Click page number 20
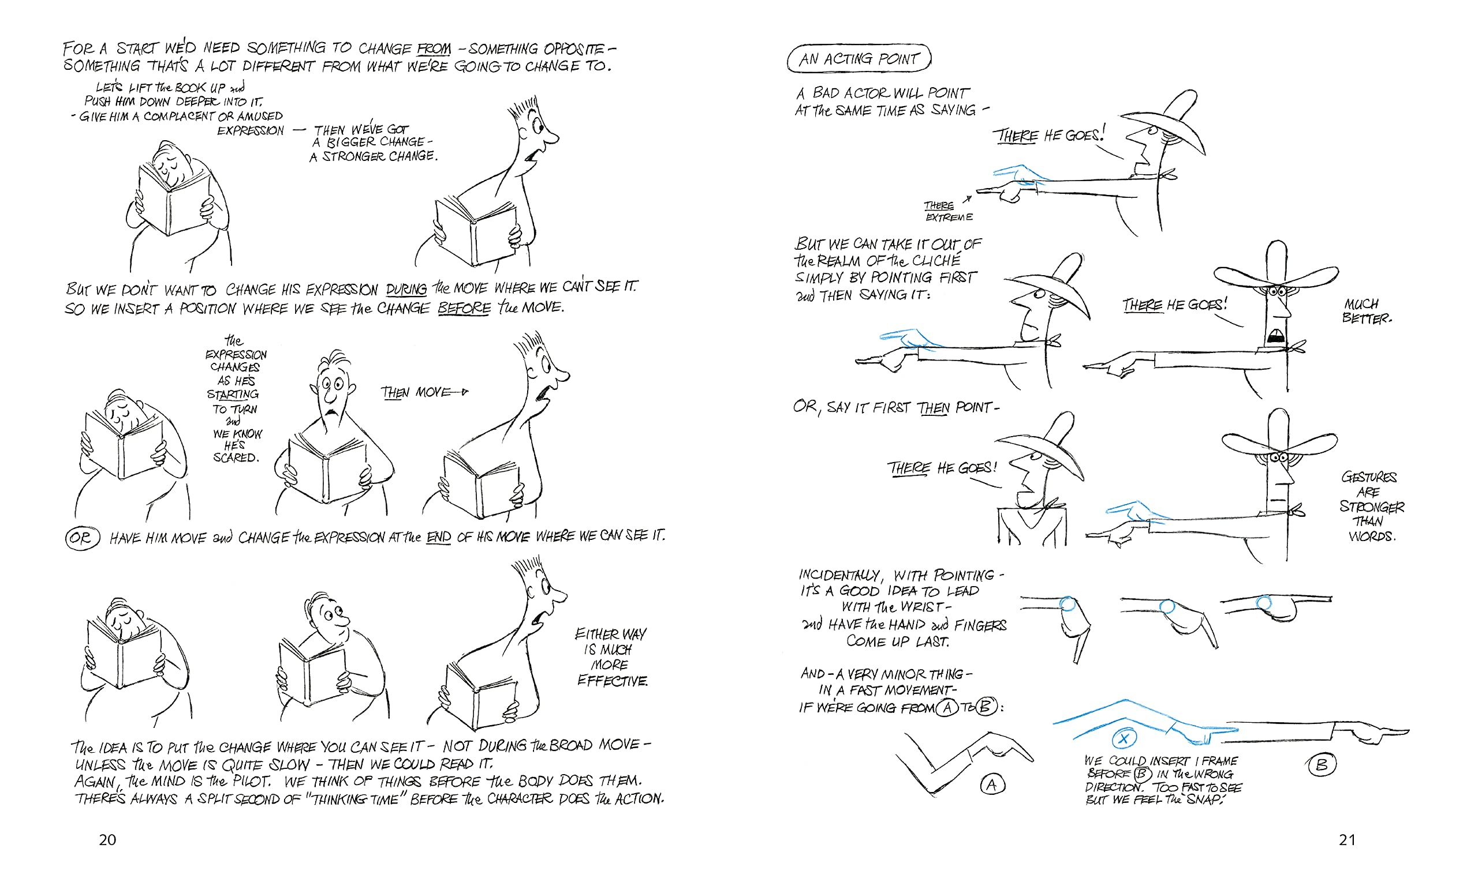pos(107,840)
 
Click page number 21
pos(1346,840)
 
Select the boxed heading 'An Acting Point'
pos(859,58)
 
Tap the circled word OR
pos(82,538)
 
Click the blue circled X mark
pos(1123,738)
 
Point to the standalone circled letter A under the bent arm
pos(992,784)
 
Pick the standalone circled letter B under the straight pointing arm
pos(1322,765)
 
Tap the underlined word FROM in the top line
pos(434,48)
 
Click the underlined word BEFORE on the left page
pos(464,308)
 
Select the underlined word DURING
pos(406,289)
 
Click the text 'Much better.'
pos(1365,311)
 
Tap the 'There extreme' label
pos(947,211)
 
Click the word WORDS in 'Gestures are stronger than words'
pos(1372,536)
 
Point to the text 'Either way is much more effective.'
pos(611,658)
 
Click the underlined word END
pos(439,538)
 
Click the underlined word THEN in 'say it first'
pos(932,408)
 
